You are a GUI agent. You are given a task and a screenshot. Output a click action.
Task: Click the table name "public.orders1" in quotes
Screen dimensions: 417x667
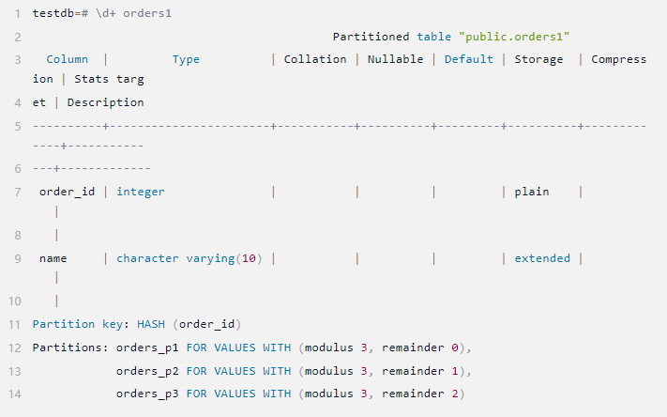515,37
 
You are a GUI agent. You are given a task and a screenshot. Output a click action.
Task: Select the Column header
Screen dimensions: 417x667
67,59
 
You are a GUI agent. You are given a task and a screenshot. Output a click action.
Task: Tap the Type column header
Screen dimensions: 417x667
186,59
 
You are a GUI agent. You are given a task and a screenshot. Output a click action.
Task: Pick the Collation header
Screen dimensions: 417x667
315,59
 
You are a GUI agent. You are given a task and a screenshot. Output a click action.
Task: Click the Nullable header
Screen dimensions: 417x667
395,59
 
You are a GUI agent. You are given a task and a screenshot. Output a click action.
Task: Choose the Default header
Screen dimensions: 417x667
469,59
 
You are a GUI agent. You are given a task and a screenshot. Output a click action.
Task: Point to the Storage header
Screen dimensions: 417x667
539,59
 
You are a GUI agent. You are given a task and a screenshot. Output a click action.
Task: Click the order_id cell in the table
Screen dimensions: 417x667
68,192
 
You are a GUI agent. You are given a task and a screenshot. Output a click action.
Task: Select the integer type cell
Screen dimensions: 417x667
141,192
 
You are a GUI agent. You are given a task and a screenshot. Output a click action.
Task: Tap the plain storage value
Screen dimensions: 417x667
532,192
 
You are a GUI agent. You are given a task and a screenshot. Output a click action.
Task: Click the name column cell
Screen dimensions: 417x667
53,258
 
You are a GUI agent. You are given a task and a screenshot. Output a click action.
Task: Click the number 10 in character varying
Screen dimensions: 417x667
250,258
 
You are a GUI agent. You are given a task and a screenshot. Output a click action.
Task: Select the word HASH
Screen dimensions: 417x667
151,325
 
